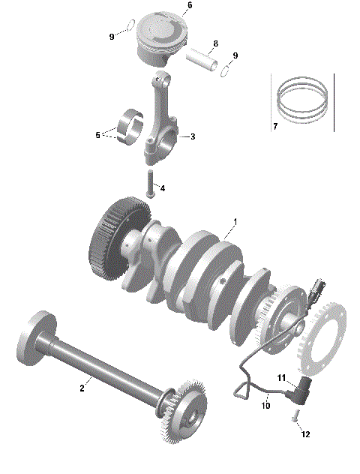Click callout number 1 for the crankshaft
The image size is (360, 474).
click(x=235, y=222)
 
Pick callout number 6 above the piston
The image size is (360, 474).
click(x=189, y=5)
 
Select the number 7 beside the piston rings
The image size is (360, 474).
click(x=275, y=126)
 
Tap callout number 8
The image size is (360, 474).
click(x=215, y=43)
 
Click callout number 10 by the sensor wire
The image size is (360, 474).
click(x=265, y=406)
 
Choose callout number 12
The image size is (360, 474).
click(x=304, y=434)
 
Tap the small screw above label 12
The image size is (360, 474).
click(x=295, y=414)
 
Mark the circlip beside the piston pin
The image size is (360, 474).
click(x=225, y=71)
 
